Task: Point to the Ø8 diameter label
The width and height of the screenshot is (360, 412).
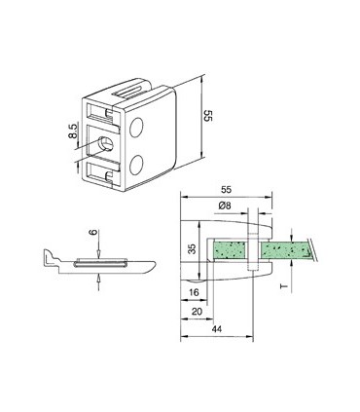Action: click(226, 206)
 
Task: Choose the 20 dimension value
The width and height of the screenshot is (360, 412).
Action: click(196, 312)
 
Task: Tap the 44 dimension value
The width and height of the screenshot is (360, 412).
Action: click(215, 330)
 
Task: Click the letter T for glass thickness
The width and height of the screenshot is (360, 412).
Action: click(282, 288)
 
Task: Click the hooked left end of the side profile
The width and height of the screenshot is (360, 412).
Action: click(48, 257)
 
